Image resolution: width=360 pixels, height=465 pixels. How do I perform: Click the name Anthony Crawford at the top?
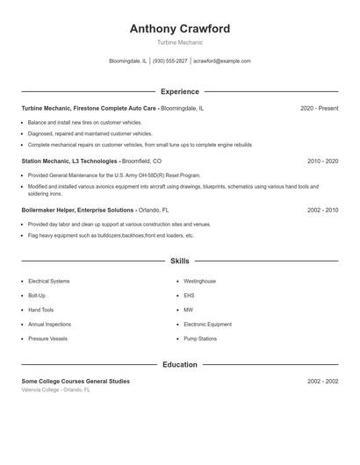coord(179,29)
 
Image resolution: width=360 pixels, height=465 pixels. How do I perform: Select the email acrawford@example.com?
coord(222,61)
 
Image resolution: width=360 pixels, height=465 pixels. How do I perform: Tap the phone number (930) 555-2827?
coord(170,61)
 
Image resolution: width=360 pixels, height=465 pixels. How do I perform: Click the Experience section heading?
coord(179,91)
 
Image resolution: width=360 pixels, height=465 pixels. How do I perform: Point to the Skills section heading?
coord(179,261)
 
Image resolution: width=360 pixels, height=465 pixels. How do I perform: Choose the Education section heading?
coord(179,364)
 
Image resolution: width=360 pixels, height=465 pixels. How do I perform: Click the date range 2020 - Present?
coord(319,109)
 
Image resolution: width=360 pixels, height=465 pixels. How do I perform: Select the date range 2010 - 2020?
coord(322,161)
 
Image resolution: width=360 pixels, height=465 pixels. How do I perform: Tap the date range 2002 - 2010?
coord(322,211)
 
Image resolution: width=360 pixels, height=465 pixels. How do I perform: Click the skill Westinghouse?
coord(199,282)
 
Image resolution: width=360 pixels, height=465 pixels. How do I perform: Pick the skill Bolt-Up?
coord(39,296)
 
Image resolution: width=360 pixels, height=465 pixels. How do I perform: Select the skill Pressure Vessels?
coord(47,338)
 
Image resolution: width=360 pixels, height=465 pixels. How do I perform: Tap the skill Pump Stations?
coord(200,338)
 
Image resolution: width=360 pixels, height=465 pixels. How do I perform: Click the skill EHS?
coord(189,296)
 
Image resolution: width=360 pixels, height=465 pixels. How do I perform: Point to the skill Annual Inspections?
coord(49,324)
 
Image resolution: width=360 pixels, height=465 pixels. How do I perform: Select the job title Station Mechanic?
coord(46,161)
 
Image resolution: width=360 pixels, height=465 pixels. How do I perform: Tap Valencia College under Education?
coord(42,390)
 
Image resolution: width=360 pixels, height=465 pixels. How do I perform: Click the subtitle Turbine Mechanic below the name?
coord(179,42)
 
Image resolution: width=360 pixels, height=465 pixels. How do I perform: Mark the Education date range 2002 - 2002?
coord(322,382)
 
